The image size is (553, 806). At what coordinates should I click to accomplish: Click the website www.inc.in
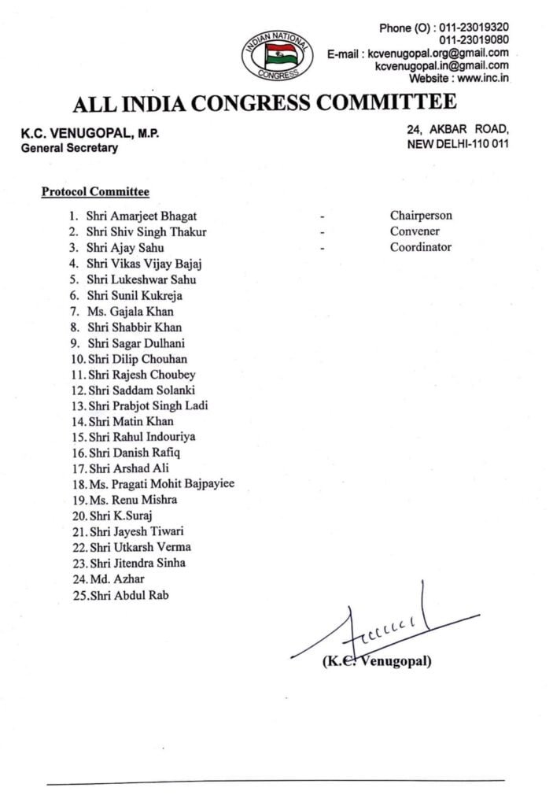pyautogui.click(x=482, y=78)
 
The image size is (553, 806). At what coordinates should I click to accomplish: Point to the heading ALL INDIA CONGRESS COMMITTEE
pyautogui.click(x=264, y=103)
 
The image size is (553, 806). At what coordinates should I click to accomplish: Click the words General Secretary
pyautogui.click(x=69, y=147)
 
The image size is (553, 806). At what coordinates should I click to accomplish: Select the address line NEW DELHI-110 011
pyautogui.click(x=457, y=144)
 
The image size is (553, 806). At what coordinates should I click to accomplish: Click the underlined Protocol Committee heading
pyautogui.click(x=95, y=191)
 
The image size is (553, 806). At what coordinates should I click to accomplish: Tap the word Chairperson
pyautogui.click(x=421, y=216)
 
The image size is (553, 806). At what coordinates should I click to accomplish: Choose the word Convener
pyautogui.click(x=415, y=231)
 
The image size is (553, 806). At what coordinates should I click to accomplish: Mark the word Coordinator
pyautogui.click(x=421, y=247)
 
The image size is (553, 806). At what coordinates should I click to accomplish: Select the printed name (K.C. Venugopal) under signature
pyautogui.click(x=377, y=661)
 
